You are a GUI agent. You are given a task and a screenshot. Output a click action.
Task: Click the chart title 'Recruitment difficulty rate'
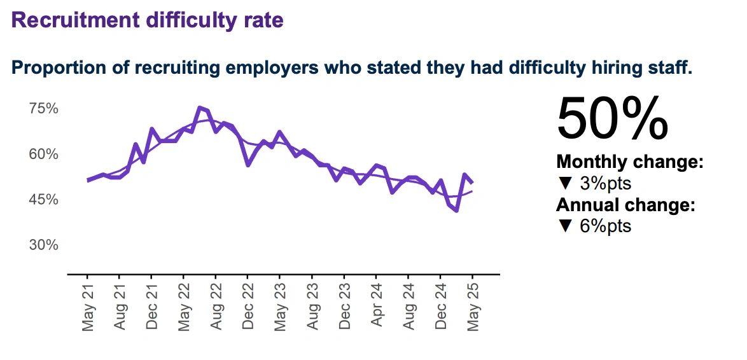click(148, 20)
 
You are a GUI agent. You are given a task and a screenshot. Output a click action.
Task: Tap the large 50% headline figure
click(613, 119)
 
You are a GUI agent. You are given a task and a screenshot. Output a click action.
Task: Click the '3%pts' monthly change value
click(605, 184)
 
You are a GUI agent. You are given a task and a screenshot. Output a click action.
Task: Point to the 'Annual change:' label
click(625, 205)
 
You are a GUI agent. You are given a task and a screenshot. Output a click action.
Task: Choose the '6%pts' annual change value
click(605, 226)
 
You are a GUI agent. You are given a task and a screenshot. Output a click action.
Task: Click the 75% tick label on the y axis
click(44, 109)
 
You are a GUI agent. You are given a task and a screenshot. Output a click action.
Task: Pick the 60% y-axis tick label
click(44, 155)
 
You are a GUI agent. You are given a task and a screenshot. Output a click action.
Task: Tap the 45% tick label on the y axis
click(44, 200)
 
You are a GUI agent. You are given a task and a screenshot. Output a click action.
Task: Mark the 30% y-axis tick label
click(44, 246)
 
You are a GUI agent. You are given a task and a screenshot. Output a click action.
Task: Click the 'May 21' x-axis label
click(88, 307)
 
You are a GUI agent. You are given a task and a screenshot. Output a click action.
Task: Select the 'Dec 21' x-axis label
click(151, 307)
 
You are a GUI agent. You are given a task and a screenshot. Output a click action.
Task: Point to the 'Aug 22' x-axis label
click(216, 307)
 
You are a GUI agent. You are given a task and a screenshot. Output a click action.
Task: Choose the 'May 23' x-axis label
click(280, 307)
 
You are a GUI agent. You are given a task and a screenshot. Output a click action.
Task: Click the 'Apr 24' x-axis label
click(376, 307)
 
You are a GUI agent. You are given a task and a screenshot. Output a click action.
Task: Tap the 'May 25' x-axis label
click(473, 307)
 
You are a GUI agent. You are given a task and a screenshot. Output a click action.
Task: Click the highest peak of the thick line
click(200, 107)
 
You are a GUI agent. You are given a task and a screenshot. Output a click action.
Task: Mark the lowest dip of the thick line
click(457, 211)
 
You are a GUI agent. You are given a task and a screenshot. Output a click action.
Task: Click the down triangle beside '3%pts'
click(564, 184)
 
